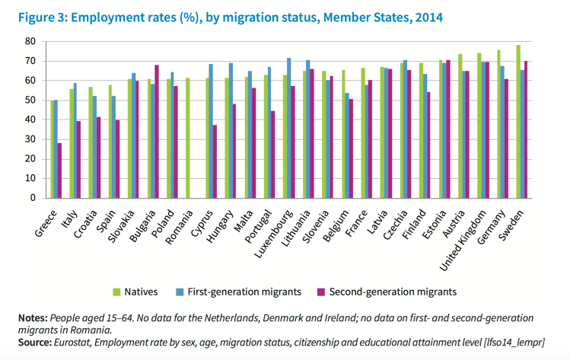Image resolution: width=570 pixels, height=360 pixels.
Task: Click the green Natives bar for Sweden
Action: pos(518,122)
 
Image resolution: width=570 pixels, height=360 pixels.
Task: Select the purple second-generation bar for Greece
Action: pos(59,170)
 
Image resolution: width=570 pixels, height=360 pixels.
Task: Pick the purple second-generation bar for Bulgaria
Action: pos(157,132)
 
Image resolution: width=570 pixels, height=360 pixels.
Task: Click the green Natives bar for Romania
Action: pos(187,138)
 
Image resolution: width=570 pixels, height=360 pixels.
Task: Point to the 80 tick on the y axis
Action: pos(30,41)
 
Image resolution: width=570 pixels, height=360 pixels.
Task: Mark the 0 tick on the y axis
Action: pos(33,198)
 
